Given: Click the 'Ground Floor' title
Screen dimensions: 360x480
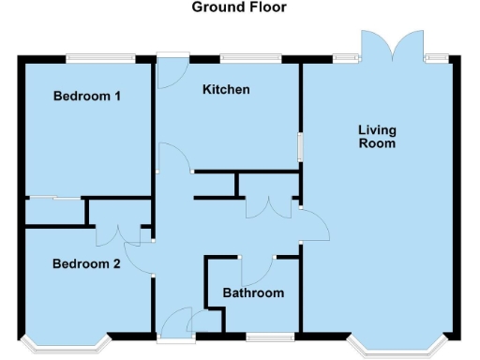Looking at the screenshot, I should pos(239,7).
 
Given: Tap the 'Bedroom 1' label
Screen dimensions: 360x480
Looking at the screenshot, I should pos(87,96).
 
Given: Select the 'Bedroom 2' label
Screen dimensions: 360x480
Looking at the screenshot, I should pos(85,263).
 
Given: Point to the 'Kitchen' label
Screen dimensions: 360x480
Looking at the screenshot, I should pos(226,90).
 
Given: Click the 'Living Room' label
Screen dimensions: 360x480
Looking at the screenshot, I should pos(377,136).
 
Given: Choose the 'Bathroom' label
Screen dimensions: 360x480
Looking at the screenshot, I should pos(252,293).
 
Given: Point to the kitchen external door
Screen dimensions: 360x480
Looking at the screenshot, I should pos(171,71).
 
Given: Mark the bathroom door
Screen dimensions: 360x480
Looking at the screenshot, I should pos(256,270).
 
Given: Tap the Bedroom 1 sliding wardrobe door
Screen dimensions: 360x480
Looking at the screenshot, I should pos(53,198).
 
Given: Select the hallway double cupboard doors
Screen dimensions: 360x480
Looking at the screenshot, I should pos(268,208).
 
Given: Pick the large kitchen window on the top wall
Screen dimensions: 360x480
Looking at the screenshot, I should pos(250,59).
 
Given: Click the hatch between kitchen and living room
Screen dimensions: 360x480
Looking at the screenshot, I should pos(300,148).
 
